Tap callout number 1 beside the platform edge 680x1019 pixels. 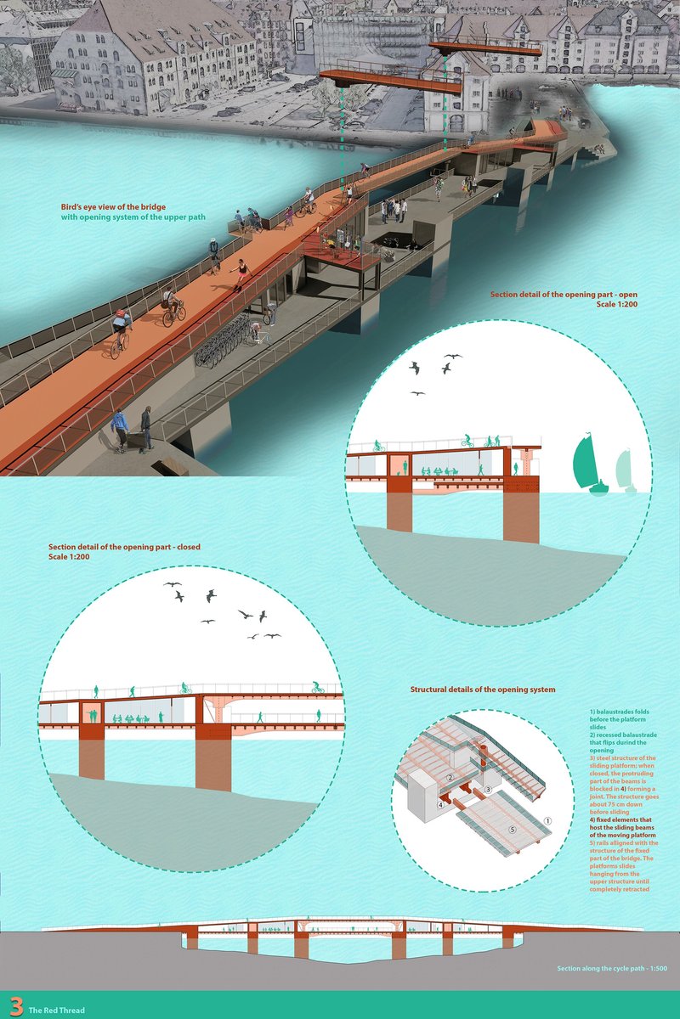(548, 821)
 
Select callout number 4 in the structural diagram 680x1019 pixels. (440, 803)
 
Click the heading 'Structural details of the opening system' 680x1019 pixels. (483, 690)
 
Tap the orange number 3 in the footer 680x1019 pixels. (14, 1007)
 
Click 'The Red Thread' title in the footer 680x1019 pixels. (56, 1011)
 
